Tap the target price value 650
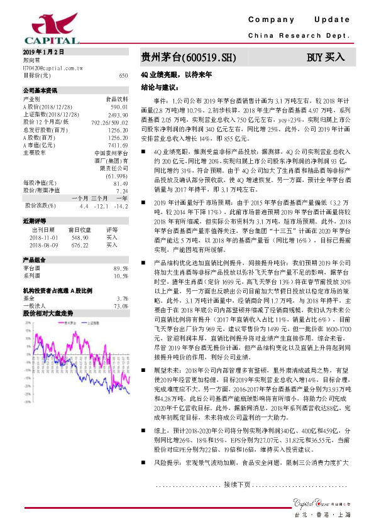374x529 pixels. [123, 75]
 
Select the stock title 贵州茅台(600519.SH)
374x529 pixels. [189, 58]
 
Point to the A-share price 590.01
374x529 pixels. [119, 107]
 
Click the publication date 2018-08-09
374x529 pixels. [44, 245]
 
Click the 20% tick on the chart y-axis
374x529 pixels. [27, 322]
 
